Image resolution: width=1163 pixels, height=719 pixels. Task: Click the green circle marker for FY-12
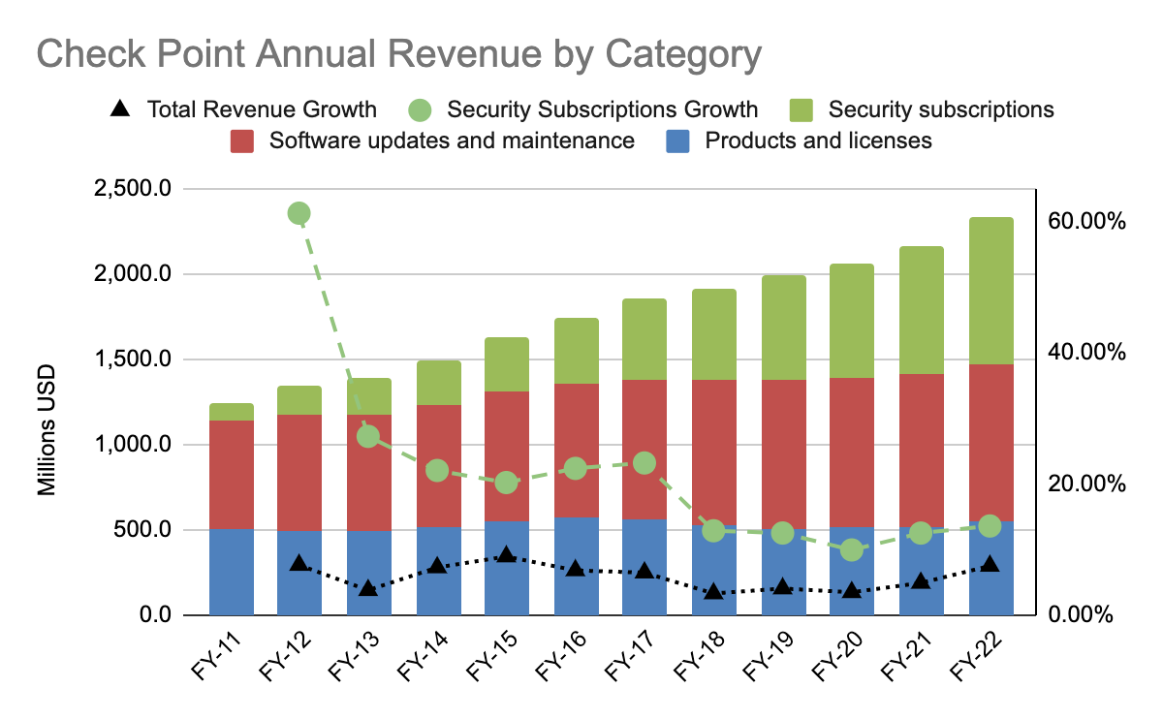299,213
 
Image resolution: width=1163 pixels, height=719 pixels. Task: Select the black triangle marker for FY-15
506,555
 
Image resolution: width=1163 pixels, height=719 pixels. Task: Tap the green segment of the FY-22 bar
991,291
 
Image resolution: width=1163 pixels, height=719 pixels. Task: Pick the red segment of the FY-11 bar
231,475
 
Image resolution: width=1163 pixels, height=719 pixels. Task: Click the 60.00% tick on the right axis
1085,221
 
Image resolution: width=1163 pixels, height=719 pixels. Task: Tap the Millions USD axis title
47,430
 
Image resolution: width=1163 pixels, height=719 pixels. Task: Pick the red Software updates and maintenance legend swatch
243,141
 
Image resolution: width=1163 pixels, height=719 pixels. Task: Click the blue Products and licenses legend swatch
679,141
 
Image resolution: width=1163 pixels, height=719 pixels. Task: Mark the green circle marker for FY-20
852,549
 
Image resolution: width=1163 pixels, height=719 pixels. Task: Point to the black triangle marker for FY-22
990,563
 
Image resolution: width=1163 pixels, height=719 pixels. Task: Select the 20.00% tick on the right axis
1085,484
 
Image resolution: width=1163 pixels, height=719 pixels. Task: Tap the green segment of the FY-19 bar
783,328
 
